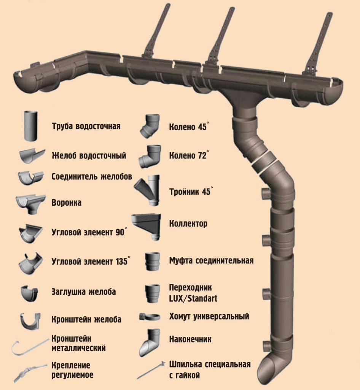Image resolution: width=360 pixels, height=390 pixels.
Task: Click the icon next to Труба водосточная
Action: pyautogui.click(x=31, y=126)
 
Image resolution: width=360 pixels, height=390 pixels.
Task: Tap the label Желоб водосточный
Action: pyautogui.click(x=89, y=155)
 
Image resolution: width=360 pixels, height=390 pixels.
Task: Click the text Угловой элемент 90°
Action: pyautogui.click(x=89, y=232)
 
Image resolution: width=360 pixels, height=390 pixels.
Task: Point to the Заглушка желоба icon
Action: pyautogui.click(x=29, y=292)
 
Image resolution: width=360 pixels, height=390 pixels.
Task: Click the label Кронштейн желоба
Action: pyautogui.click(x=86, y=319)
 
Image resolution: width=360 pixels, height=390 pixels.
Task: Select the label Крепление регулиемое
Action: pyautogui.click(x=72, y=370)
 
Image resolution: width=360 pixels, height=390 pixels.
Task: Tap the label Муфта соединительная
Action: pyautogui.click(x=211, y=261)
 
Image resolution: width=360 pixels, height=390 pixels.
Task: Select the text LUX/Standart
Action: pyautogui.click(x=193, y=298)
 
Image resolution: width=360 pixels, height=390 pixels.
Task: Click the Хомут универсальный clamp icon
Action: pyautogui.click(x=150, y=316)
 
